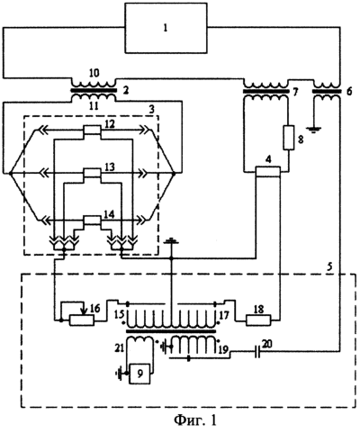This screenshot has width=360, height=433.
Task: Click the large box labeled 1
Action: click(x=166, y=28)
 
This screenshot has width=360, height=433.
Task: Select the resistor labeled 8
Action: click(x=288, y=138)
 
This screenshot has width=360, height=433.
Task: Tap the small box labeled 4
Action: click(x=267, y=171)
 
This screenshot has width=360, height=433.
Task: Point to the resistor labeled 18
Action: click(x=258, y=320)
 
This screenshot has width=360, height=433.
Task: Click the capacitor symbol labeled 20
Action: click(x=257, y=350)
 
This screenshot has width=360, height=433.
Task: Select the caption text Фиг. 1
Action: click(x=195, y=420)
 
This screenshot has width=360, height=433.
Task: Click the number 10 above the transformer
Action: click(x=94, y=73)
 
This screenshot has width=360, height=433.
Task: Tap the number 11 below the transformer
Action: click(x=94, y=106)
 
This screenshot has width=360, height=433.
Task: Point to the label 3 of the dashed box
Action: click(x=152, y=109)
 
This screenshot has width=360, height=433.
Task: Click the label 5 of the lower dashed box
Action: click(x=329, y=267)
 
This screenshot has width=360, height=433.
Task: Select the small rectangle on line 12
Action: click(x=92, y=131)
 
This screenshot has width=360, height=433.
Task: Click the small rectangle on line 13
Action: click(x=92, y=173)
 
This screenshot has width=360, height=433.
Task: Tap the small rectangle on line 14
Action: click(x=92, y=221)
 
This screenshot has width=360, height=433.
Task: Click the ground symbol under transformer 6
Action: click(x=313, y=130)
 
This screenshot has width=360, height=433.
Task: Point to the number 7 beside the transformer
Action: click(x=295, y=92)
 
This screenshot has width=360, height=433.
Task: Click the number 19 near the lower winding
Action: click(x=223, y=349)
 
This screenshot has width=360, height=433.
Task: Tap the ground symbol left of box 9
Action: click(x=121, y=374)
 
